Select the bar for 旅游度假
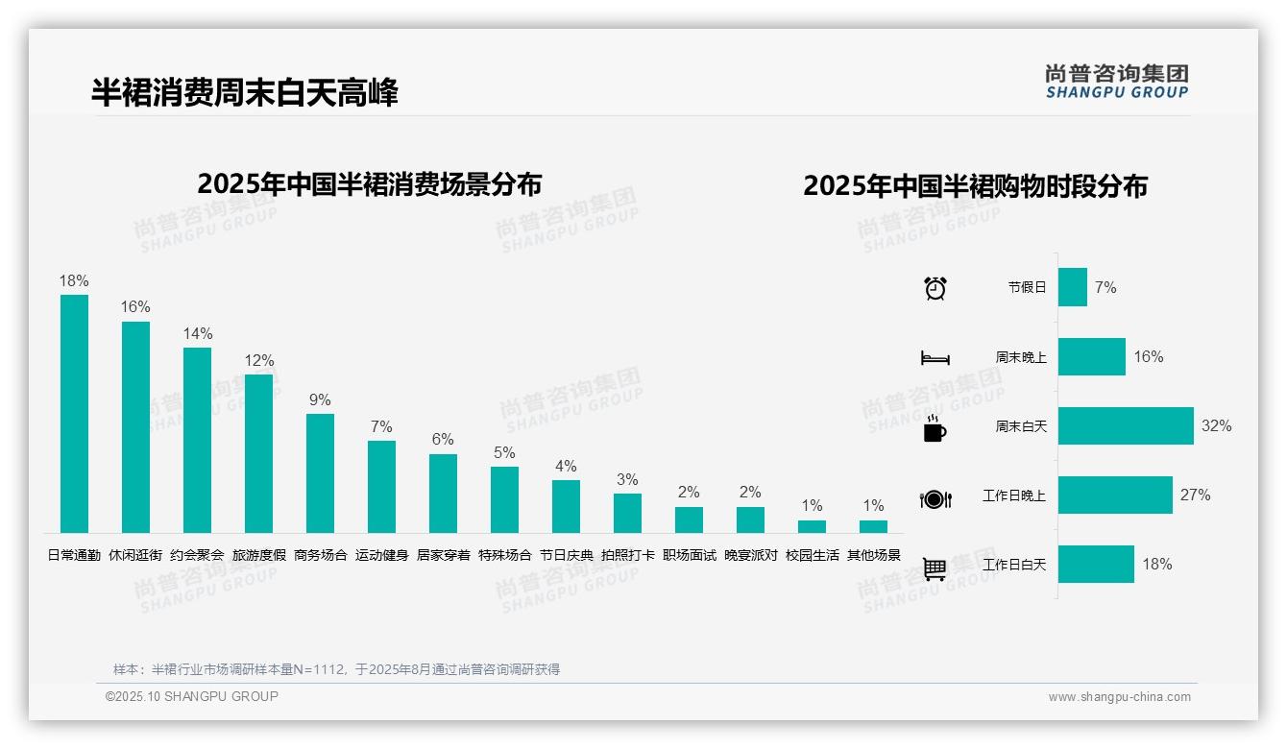pyautogui.click(x=258, y=453)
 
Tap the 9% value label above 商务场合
pyautogui.click(x=320, y=399)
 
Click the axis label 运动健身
pyautogui.click(x=381, y=555)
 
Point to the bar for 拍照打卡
pyautogui.click(x=627, y=513)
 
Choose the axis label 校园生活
pyautogui.click(x=812, y=555)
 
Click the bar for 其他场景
pyautogui.click(x=873, y=526)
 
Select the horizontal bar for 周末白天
pyautogui.click(x=1126, y=425)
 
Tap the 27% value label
pyautogui.click(x=1196, y=495)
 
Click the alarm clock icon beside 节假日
pyautogui.click(x=935, y=288)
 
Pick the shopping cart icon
pyautogui.click(x=935, y=568)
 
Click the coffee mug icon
pyautogui.click(x=935, y=428)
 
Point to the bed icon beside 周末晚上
pyautogui.click(x=935, y=358)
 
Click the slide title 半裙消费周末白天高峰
pyautogui.click(x=244, y=92)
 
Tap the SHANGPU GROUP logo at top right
pyautogui.click(x=1117, y=82)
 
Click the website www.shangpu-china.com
pyautogui.click(x=1119, y=697)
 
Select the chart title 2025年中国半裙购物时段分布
pyautogui.click(x=975, y=185)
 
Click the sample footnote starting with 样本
pyautogui.click(x=336, y=669)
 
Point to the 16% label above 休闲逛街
pyautogui.click(x=135, y=307)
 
